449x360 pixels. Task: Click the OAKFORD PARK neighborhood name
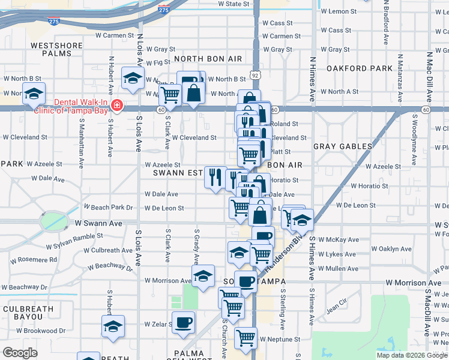[x=359, y=68]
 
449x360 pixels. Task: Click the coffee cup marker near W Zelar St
[x=183, y=322]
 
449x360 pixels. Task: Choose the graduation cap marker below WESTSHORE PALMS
[x=34, y=94]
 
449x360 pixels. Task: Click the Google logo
[x=20, y=353]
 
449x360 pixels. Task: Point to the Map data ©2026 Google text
[x=412, y=355]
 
